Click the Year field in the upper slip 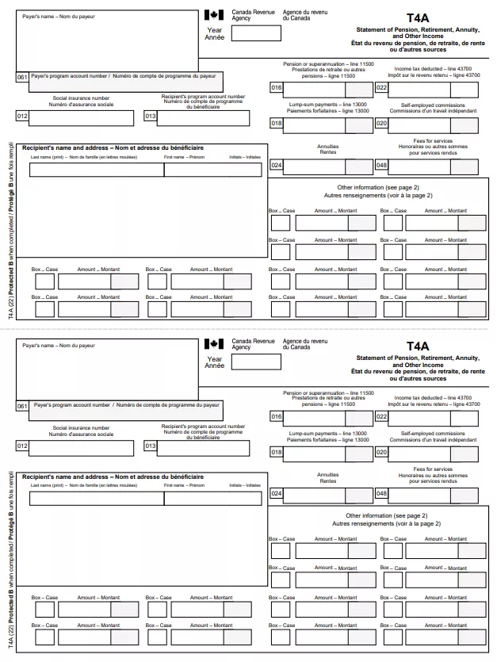pyautogui.click(x=254, y=33)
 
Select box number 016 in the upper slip pyautogui.click(x=277, y=88)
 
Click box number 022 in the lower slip pyautogui.click(x=381, y=416)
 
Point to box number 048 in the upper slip pyautogui.click(x=381, y=166)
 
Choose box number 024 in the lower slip pyautogui.click(x=277, y=495)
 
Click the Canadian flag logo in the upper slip pyautogui.click(x=214, y=14)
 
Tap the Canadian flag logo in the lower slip pyautogui.click(x=214, y=343)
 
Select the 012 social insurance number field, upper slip pyautogui.click(x=82, y=118)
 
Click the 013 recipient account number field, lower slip pyautogui.click(x=203, y=446)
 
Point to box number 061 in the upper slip pyautogui.click(x=22, y=77)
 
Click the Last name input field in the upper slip pyautogui.click(x=96, y=169)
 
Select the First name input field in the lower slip pyautogui.click(x=212, y=498)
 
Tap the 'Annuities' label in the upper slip pyautogui.click(x=327, y=147)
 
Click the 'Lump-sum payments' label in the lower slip pyautogui.click(x=327, y=434)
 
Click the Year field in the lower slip pyautogui.click(x=254, y=362)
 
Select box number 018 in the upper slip pyautogui.click(x=277, y=123)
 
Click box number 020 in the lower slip pyautogui.click(x=381, y=452)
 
